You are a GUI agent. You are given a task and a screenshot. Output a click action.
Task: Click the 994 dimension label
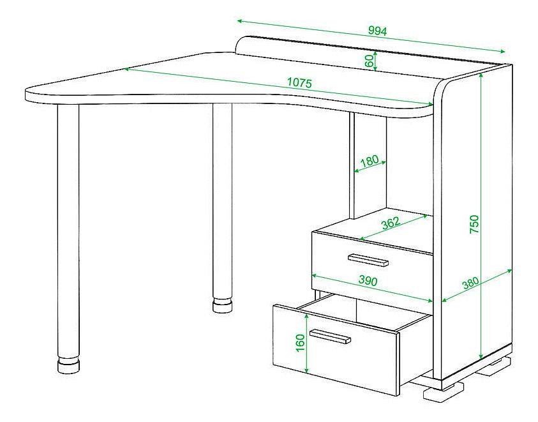pyautogui.click(x=377, y=31)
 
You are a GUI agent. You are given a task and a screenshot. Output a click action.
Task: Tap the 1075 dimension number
pyautogui.click(x=299, y=83)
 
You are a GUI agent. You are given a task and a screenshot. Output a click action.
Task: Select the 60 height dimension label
pyautogui.click(x=369, y=61)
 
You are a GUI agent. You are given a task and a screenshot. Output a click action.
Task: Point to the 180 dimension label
pyautogui.click(x=370, y=160)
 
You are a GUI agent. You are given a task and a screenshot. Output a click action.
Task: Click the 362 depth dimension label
pyautogui.click(x=391, y=223)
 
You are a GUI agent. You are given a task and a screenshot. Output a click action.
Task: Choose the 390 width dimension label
pyautogui.click(x=368, y=280)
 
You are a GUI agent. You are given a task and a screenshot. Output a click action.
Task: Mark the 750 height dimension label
pyautogui.click(x=474, y=224)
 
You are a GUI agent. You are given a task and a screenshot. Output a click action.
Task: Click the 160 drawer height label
pyautogui.click(x=300, y=343)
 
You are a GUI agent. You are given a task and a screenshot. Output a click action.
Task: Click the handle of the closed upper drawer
pyautogui.click(x=368, y=260)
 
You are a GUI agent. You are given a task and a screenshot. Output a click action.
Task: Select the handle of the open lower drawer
pyautogui.click(x=330, y=336)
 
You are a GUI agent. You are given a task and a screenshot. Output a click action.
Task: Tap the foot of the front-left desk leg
pyautogui.click(x=69, y=365)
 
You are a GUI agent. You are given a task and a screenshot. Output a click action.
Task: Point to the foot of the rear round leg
pyautogui.click(x=223, y=306)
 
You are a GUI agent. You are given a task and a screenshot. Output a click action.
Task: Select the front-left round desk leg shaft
pyautogui.click(x=68, y=230)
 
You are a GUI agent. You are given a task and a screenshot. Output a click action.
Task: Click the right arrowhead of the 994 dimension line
pyautogui.click(x=503, y=52)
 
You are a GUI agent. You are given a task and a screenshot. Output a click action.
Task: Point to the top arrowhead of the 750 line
pyautogui.click(x=482, y=75)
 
